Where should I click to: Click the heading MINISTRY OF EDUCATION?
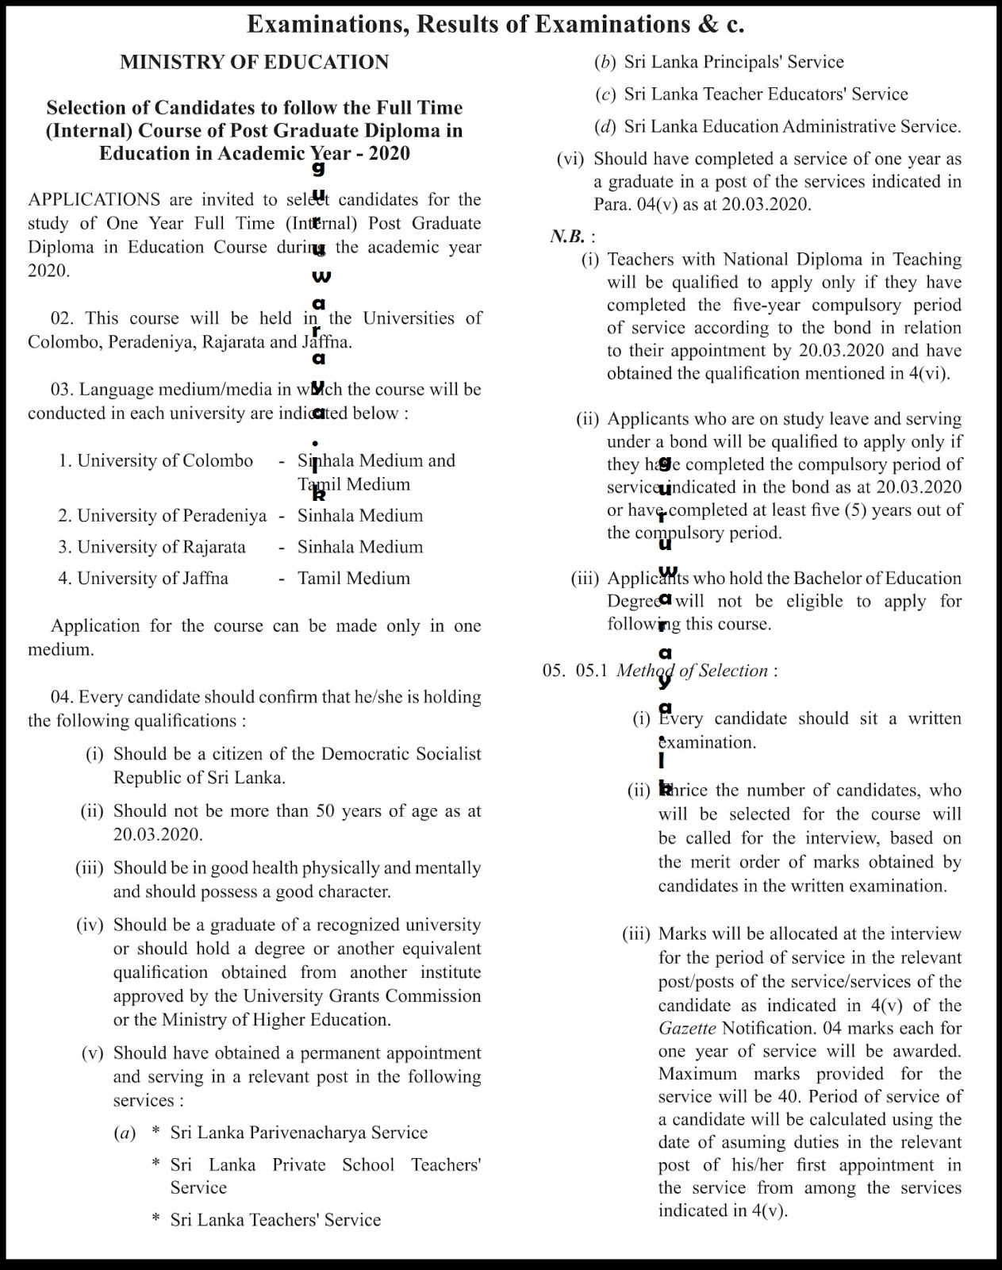click(x=254, y=63)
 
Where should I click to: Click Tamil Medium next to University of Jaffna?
click(x=354, y=579)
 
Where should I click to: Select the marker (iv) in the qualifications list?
click(x=90, y=926)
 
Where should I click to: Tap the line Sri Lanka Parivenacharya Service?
click(x=298, y=1133)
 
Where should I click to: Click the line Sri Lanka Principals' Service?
click(x=733, y=62)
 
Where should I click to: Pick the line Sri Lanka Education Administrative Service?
click(x=792, y=126)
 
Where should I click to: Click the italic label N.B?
click(x=568, y=237)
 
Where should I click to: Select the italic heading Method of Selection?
click(x=692, y=671)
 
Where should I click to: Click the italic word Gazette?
click(x=686, y=1029)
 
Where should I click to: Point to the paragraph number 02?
click(x=62, y=318)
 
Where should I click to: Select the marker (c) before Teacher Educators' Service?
click(x=605, y=94)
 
